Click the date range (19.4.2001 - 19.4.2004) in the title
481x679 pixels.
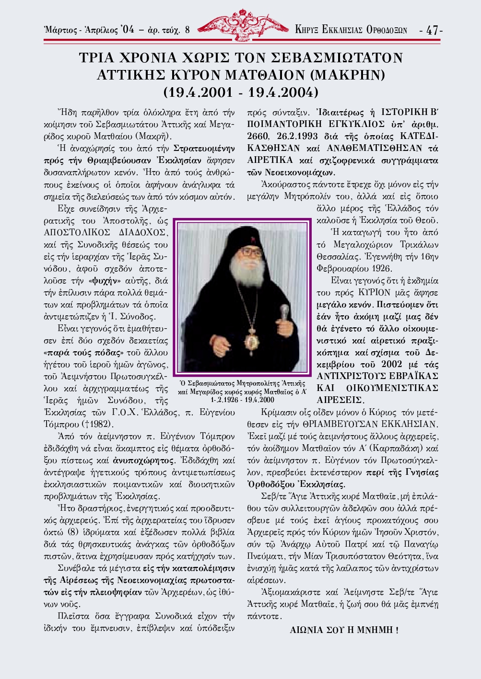[x=241, y=92]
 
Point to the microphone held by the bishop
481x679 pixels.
[x=284, y=314]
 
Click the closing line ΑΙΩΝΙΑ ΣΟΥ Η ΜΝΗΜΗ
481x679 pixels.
[x=344, y=630]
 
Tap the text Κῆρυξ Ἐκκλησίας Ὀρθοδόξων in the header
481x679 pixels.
[x=351, y=30]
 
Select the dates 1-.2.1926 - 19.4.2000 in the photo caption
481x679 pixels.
[x=242, y=399]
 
